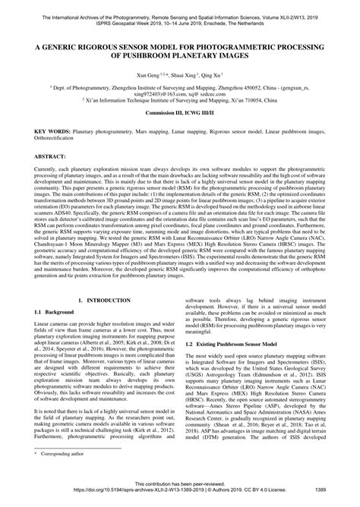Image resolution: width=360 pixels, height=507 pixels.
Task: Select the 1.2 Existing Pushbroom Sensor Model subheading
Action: [233, 364]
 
